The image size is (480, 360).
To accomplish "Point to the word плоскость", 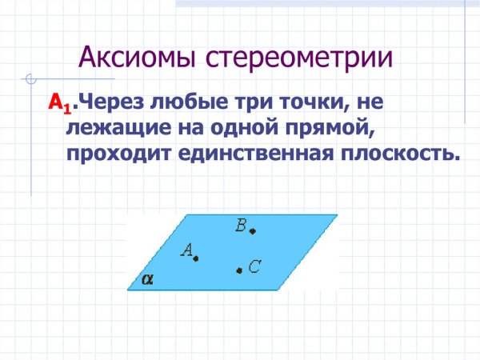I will pos(403,152).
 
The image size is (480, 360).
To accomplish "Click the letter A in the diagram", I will pos(186,250).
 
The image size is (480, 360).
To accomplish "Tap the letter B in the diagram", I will pos(241,226).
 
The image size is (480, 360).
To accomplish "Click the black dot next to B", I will pos(252,231).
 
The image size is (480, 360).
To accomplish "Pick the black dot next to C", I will pos(238,271).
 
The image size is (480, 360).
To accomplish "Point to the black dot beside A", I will pos(196,258).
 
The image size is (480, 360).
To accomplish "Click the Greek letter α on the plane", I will pos(147,280).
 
